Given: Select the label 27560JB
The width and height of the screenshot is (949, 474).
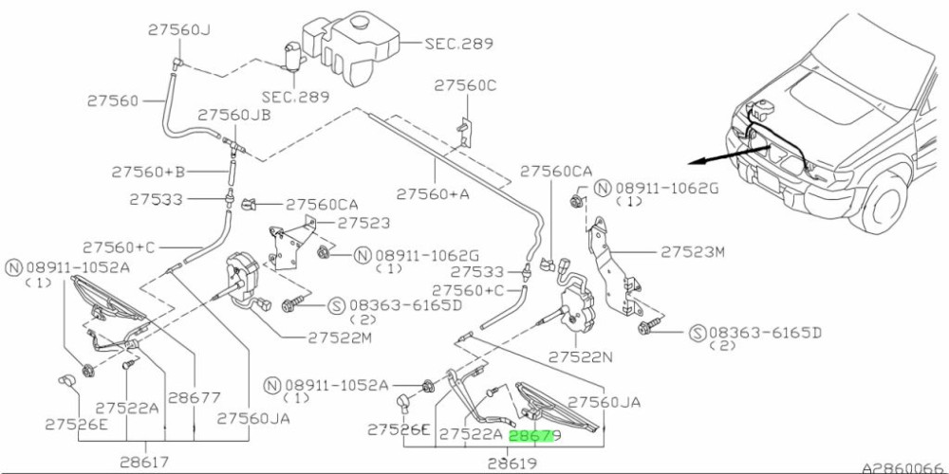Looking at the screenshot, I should [x=233, y=115].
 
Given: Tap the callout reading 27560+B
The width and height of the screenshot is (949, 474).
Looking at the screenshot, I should [x=148, y=173].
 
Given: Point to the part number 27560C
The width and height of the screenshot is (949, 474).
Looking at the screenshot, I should [x=465, y=86].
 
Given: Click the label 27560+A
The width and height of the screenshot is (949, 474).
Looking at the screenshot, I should [x=433, y=193].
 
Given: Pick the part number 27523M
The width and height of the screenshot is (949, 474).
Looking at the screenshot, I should [x=693, y=252].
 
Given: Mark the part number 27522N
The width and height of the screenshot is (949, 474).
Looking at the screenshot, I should [x=581, y=357].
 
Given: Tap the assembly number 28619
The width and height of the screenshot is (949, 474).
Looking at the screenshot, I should [x=512, y=464].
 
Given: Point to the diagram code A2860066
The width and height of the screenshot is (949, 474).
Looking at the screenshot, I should [x=902, y=467].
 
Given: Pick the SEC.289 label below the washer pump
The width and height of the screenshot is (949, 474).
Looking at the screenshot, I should [x=295, y=97].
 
